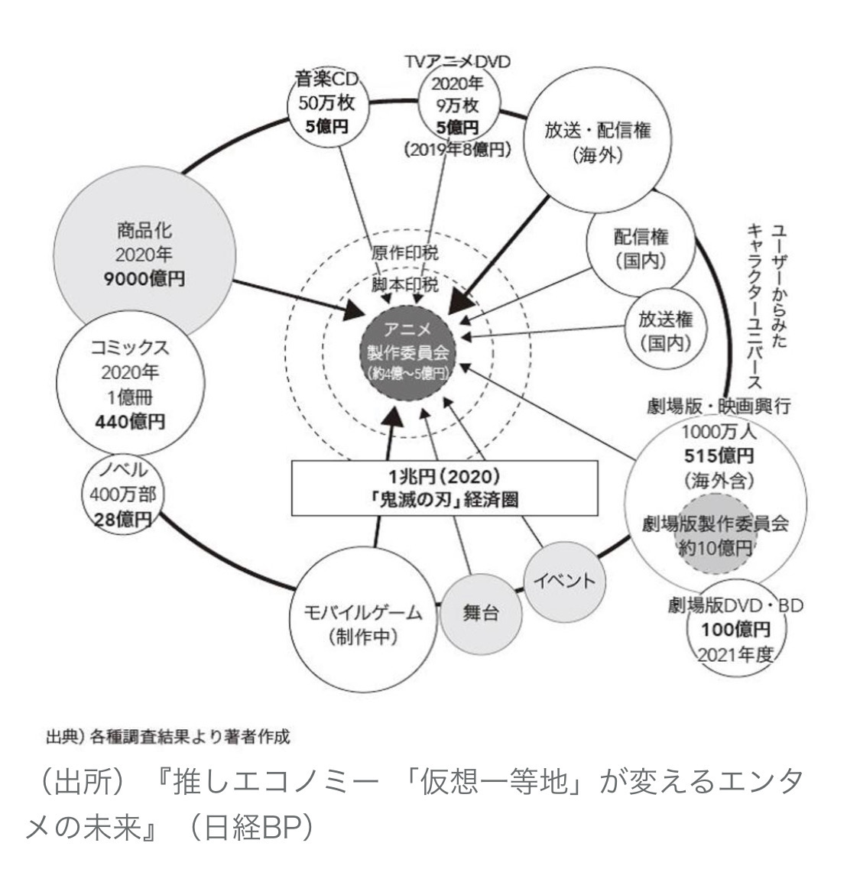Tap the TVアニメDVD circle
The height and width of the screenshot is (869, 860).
click(x=457, y=111)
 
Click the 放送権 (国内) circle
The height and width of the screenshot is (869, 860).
click(x=664, y=329)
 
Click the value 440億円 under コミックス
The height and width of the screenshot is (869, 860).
click(x=129, y=421)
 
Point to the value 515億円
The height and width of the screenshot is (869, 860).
click(x=717, y=456)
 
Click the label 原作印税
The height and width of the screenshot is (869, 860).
click(x=405, y=255)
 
